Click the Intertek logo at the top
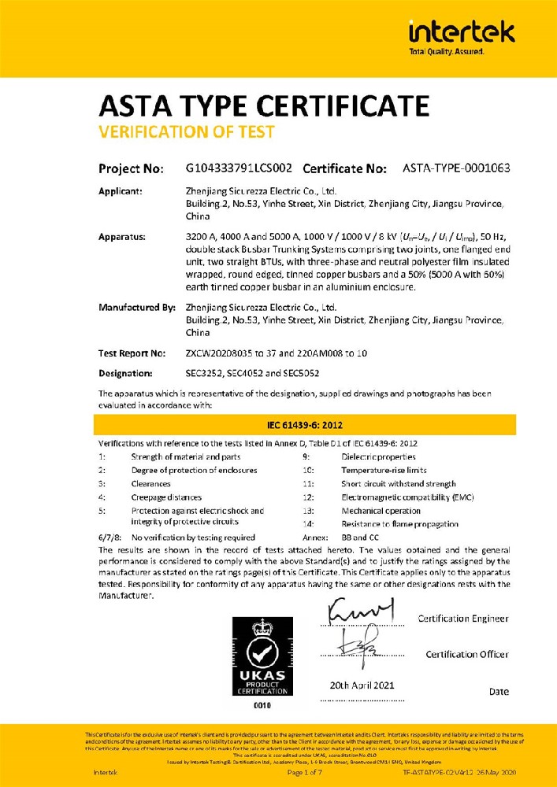tap(461, 36)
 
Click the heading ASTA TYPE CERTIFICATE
tap(264, 106)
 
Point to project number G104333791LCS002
tap(239, 168)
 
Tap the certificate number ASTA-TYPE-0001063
tap(456, 168)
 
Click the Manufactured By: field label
tap(136, 308)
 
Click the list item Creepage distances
tap(166, 497)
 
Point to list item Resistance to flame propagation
tap(400, 524)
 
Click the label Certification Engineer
tap(463, 619)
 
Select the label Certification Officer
tap(467, 654)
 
